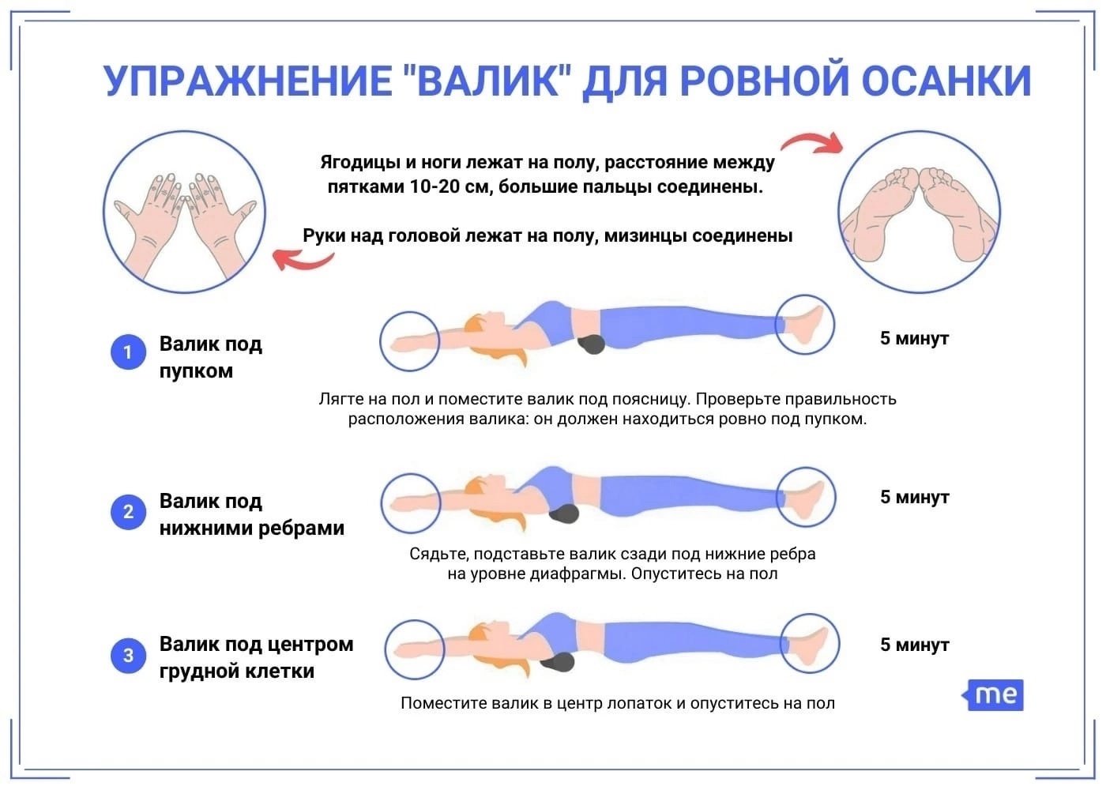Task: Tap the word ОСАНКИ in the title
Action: pos(946,81)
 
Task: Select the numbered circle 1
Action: pos(128,352)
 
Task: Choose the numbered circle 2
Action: pos(128,512)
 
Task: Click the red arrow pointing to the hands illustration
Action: pos(303,260)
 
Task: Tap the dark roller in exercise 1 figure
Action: pos(592,344)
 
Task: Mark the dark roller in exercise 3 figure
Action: pos(558,662)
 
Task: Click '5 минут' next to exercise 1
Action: pos(915,339)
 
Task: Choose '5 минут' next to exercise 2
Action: pos(915,497)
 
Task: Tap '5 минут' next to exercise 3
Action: pos(915,645)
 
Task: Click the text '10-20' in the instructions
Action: pos(435,186)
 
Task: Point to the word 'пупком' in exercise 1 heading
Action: pos(196,371)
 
